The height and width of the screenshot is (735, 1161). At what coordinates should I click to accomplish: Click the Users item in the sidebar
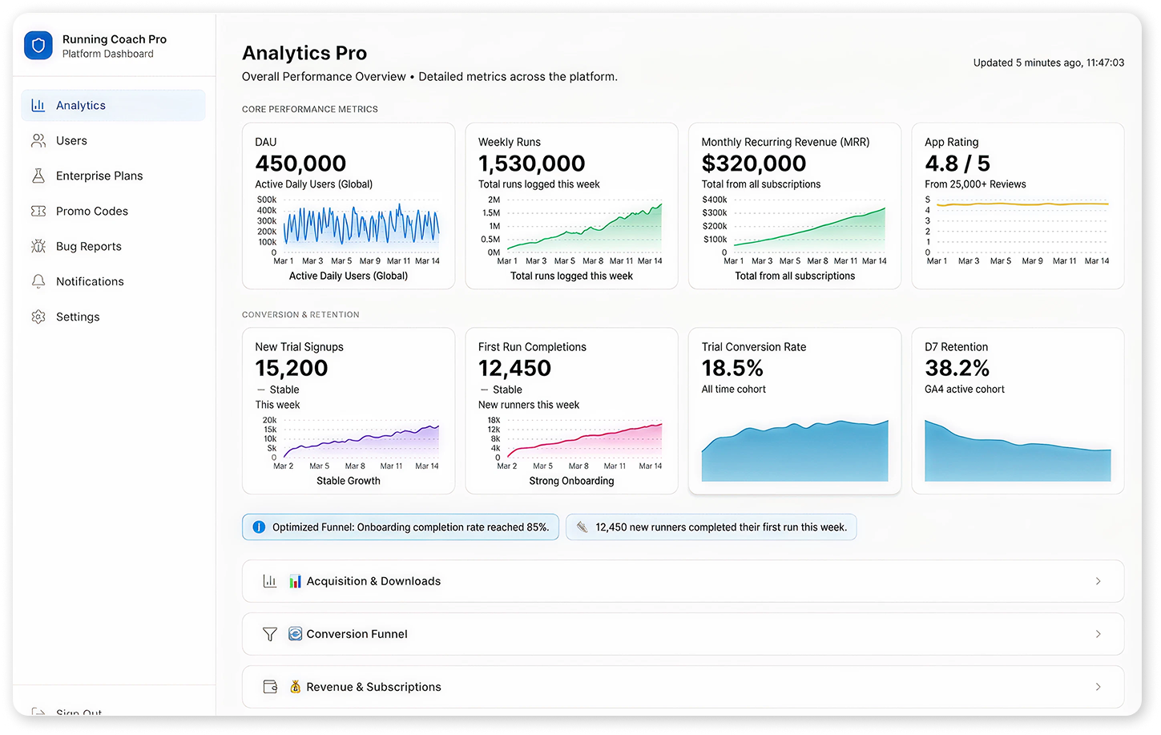coord(71,141)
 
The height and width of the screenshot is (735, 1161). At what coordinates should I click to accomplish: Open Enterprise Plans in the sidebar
coord(99,176)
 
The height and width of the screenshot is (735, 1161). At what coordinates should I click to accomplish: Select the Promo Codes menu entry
coord(91,212)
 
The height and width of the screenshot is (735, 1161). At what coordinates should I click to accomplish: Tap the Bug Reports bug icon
coord(38,246)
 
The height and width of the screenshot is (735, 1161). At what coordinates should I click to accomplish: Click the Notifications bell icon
coord(38,281)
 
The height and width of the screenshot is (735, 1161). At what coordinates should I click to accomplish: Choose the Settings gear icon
coord(38,317)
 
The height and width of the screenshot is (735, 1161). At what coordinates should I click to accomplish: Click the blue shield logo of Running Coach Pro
coord(38,46)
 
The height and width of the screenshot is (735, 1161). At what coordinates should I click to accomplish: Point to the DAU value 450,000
coord(300,164)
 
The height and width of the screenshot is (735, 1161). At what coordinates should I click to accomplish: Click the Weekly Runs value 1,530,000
coord(531,164)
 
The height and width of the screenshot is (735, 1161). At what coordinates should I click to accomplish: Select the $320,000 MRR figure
coord(753,164)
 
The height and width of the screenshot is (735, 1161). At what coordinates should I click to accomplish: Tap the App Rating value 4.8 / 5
coord(957,164)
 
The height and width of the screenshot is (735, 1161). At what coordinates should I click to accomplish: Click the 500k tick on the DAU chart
coord(267,200)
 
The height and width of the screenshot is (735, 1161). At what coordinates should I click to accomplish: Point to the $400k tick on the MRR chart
coord(714,200)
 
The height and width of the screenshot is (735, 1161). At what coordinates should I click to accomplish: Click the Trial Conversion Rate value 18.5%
coord(732,368)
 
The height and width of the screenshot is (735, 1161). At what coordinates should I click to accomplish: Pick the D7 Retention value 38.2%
coord(957,368)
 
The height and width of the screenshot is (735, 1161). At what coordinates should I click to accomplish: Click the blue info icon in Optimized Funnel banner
coord(259,527)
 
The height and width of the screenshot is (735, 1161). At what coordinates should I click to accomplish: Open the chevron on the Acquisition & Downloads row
coord(1098,581)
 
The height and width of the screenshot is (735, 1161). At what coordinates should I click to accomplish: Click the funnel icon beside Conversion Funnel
coord(270,634)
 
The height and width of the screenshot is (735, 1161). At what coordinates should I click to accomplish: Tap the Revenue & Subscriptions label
coord(373,687)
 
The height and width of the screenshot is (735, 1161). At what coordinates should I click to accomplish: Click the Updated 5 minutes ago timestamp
coord(1048,63)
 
